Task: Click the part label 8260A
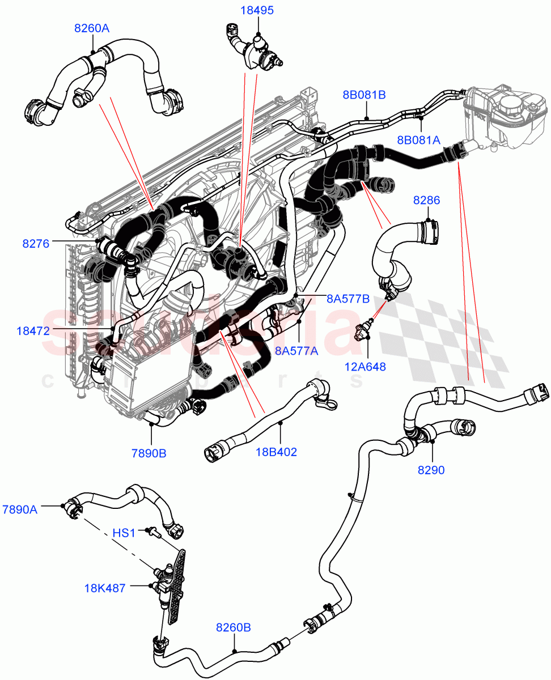[91, 28]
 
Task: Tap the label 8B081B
[363, 95]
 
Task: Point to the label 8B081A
[419, 139]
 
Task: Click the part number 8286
[427, 200]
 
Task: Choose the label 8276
[35, 244]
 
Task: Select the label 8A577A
[296, 351]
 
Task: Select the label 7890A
[20, 509]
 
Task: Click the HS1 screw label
[123, 533]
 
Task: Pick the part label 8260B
[233, 627]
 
